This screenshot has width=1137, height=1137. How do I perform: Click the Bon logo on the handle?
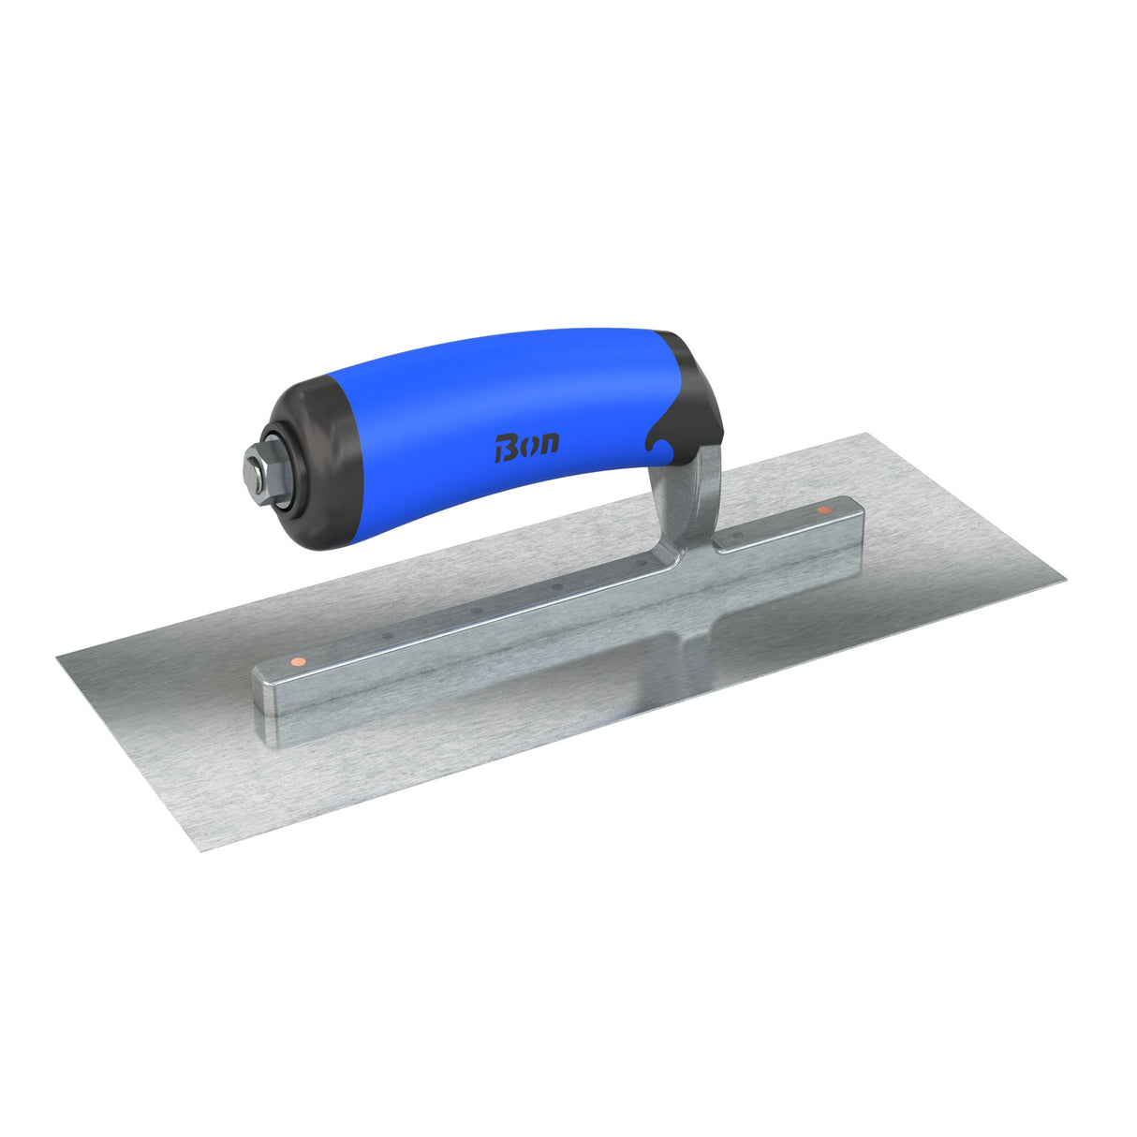[x=526, y=446]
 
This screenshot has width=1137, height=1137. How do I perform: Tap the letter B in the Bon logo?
[x=505, y=449]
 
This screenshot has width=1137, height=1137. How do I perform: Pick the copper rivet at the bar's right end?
[x=823, y=510]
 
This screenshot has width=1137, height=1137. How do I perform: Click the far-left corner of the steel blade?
[x=58, y=657]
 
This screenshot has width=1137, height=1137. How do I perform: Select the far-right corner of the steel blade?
[x=1065, y=582]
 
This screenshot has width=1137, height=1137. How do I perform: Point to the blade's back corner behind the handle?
[x=871, y=435]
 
